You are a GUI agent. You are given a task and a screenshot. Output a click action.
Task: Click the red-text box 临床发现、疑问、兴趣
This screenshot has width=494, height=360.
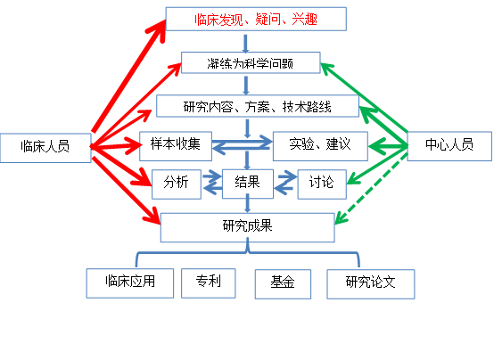click(x=256, y=20)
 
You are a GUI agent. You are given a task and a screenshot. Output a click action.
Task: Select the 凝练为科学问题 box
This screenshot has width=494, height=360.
click(x=251, y=62)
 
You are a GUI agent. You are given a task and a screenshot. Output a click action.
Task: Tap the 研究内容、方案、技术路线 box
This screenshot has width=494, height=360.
click(x=258, y=106)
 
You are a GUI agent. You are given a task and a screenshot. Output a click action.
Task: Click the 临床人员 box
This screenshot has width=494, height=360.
click(x=45, y=148)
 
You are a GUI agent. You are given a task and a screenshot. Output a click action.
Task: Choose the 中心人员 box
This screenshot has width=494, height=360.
click(x=449, y=146)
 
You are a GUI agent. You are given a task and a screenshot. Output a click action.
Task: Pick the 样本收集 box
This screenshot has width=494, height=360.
click(x=176, y=146)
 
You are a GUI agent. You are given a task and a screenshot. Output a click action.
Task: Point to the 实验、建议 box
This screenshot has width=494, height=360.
click(x=320, y=146)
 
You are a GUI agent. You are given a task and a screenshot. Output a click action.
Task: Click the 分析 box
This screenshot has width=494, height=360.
click(x=177, y=184)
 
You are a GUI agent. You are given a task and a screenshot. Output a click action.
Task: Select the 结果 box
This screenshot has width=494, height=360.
click(x=248, y=184)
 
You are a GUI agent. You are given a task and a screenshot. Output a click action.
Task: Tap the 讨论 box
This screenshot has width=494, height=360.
click(x=322, y=184)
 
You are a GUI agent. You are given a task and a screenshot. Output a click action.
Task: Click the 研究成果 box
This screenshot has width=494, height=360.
click(x=247, y=227)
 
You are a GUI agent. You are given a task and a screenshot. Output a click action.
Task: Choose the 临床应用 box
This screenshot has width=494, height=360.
click(x=130, y=283)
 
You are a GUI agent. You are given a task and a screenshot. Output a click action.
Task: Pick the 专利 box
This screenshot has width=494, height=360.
click(x=209, y=283)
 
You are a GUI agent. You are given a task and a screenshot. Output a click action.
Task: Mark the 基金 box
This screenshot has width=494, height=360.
click(x=283, y=284)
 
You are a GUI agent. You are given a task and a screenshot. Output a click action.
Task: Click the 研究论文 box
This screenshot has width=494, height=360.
click(x=371, y=284)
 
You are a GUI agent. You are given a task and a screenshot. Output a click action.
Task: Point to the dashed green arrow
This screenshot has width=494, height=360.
click(x=371, y=189)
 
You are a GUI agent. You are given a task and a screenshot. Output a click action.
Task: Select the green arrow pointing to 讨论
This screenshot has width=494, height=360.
click(x=377, y=165)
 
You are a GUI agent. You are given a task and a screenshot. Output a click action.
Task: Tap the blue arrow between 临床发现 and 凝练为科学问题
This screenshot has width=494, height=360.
click(x=245, y=44)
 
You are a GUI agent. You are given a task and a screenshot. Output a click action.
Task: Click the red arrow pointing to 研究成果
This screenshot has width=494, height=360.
click(x=126, y=190)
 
